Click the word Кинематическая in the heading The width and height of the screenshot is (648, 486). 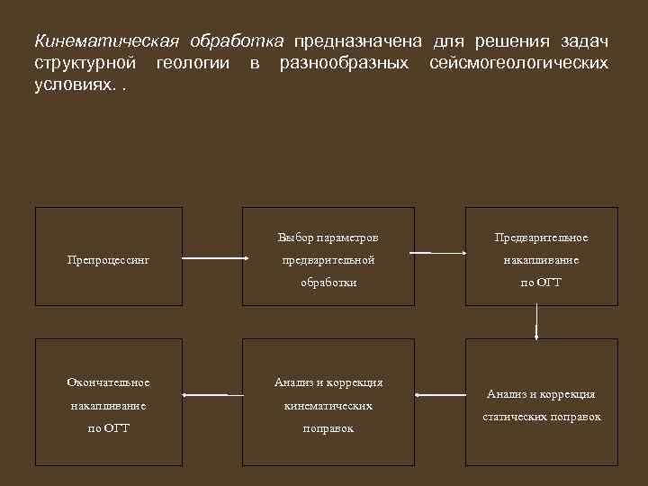point(106,42)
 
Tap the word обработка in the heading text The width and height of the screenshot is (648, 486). point(237,42)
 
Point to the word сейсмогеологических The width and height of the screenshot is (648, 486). point(518,64)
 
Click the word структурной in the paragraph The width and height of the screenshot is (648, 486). point(85,64)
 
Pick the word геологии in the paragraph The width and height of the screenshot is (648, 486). point(196,64)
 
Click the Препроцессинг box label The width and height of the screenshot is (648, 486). point(108,260)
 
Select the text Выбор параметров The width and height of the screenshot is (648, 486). point(328,238)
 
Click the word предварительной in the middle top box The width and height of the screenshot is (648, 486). point(328,260)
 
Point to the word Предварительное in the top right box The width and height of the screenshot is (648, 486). point(541,238)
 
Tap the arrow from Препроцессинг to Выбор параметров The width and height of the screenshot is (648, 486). point(214,259)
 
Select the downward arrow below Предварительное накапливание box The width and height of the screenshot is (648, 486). point(536,320)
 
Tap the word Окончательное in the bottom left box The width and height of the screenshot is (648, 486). point(108,382)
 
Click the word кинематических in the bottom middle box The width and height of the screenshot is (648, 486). point(328,406)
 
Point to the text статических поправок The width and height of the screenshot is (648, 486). point(541,417)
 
